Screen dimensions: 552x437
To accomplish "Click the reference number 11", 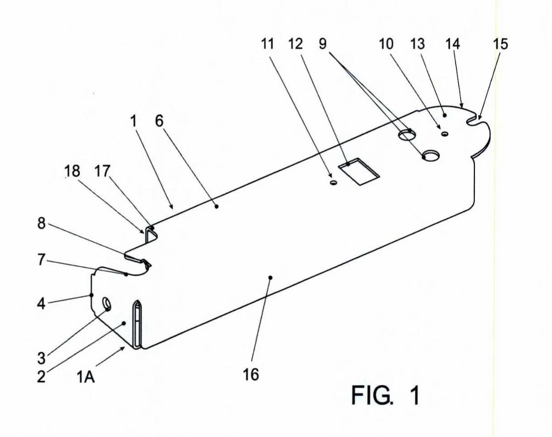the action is (267, 44).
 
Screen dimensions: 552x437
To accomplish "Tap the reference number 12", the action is (295, 44).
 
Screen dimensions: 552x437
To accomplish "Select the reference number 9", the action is (322, 44).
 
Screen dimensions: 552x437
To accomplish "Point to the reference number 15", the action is (501, 44).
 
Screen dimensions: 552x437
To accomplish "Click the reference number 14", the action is (453, 44).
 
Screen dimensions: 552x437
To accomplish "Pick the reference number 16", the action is (251, 374).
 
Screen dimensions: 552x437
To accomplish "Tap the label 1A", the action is (86, 377).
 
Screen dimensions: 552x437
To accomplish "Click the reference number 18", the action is (72, 171).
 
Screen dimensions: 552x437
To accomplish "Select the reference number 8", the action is (42, 223).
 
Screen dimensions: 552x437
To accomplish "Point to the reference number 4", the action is (42, 303).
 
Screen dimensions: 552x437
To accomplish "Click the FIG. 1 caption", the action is (385, 395).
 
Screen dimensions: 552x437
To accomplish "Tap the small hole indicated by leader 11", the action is (333, 183).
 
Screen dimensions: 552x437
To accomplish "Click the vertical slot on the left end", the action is (137, 324).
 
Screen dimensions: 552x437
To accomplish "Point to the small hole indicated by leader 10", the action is (445, 134).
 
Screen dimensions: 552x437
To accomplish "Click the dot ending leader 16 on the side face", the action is (271, 278).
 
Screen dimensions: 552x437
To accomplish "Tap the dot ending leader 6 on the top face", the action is (217, 206).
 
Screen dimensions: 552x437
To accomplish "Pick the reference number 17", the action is (102, 171).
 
